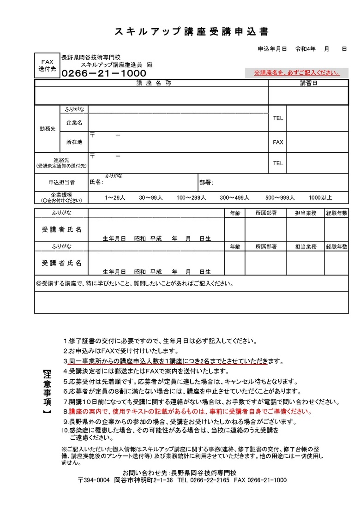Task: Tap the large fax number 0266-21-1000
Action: coord(104,74)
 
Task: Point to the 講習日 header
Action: coord(308,83)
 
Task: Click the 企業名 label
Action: coord(74,122)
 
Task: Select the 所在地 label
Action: coord(74,142)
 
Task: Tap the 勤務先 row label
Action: coord(47,129)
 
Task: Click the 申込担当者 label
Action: coord(61,182)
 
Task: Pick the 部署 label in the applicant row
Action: coord(206,183)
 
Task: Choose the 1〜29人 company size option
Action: coord(115,198)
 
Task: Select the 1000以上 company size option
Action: coord(320,198)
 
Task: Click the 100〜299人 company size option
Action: coord(191,198)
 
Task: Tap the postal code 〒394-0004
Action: coord(93,480)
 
